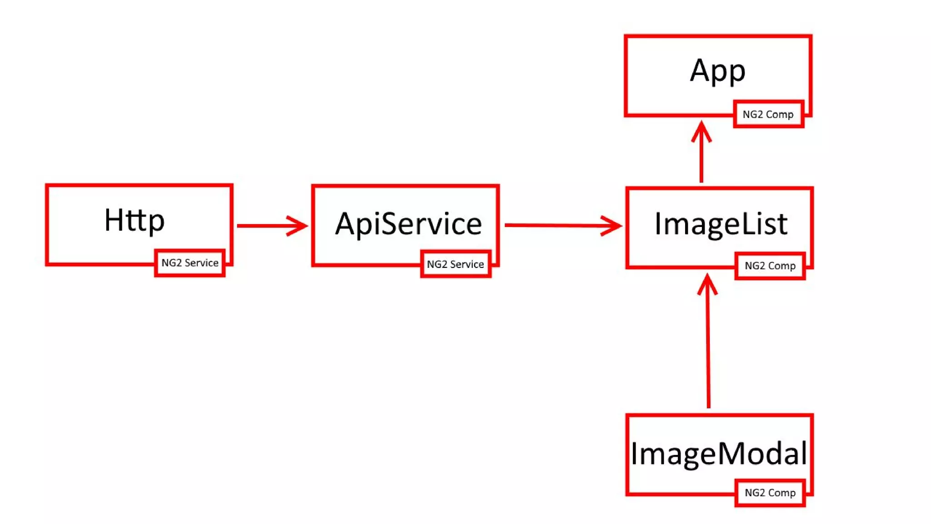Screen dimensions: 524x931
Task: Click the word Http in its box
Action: coord(134,221)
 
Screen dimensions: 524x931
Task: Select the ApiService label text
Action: coord(408,224)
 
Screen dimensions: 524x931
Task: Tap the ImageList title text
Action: coord(721,224)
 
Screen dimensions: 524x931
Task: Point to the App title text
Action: coord(717,71)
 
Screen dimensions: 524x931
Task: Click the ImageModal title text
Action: coord(719,453)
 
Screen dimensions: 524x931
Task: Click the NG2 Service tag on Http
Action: coord(190,263)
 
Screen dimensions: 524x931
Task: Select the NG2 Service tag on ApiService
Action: coord(455,264)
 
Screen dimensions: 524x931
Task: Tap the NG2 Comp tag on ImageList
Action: coord(770,266)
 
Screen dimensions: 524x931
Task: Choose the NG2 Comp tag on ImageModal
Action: coord(770,493)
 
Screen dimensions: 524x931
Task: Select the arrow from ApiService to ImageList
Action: coord(555,225)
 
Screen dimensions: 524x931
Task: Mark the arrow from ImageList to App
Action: coord(701,159)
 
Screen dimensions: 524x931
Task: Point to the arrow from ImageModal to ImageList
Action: coord(708,346)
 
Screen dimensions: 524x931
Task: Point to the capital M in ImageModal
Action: coord(735,453)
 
